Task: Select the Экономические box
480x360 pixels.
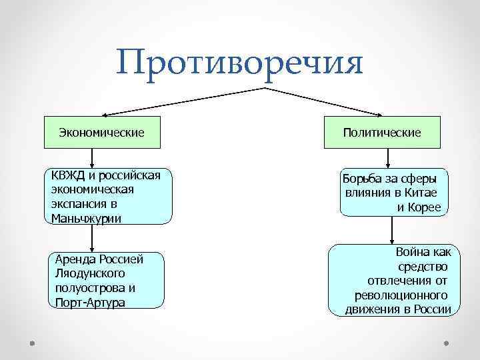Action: (101, 133)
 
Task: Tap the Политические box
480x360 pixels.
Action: (382, 133)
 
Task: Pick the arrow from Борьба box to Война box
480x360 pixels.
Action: (393, 231)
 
